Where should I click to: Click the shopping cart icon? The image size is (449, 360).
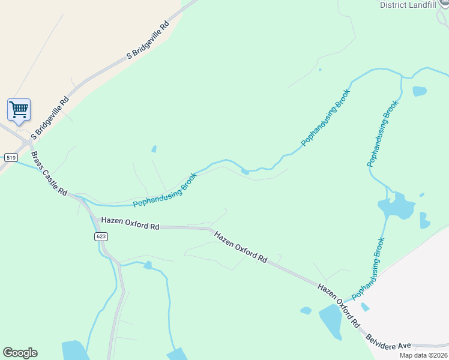click(x=19, y=110)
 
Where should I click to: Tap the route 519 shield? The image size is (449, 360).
click(x=11, y=157)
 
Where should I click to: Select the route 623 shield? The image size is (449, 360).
click(x=101, y=236)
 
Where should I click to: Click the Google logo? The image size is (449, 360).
click(x=20, y=353)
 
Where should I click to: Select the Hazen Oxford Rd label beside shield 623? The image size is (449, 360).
click(x=130, y=223)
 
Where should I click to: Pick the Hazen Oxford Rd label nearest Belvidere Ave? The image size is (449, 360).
click(x=340, y=305)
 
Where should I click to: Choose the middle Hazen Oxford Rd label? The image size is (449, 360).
click(x=241, y=247)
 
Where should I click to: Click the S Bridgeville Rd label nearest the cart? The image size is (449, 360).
click(x=50, y=118)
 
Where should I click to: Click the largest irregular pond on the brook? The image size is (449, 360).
click(x=396, y=206)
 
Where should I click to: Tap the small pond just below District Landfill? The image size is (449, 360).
click(x=420, y=91)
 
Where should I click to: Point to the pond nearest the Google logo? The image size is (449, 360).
click(x=74, y=350)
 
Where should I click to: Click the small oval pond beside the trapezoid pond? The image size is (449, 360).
click(x=306, y=311)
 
